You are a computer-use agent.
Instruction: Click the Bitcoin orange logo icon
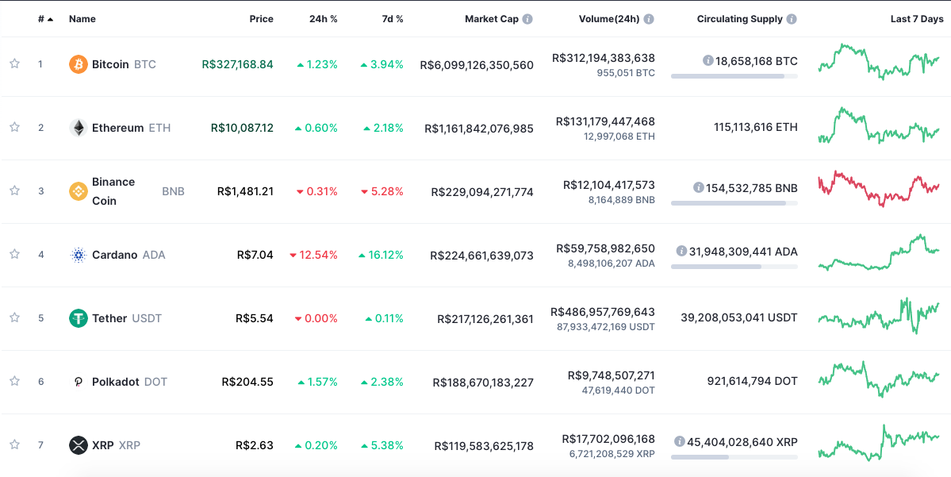pos(79,64)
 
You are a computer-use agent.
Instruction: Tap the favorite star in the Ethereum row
pos(14,127)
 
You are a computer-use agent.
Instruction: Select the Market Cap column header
pos(491,19)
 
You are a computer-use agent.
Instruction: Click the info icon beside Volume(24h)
pos(649,19)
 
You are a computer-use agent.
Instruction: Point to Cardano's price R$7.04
pos(255,255)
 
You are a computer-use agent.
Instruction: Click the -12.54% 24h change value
pos(314,255)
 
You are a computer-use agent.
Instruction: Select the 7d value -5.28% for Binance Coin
pos(382,191)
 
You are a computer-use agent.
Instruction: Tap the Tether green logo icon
pos(79,318)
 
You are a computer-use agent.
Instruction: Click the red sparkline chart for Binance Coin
pos(878,189)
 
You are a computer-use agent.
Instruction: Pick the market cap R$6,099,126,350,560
pos(477,65)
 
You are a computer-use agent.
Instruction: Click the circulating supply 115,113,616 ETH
pos(755,127)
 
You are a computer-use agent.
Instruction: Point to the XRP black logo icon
pos(79,445)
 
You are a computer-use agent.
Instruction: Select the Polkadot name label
pos(116,382)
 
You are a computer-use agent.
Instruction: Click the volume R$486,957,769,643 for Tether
pos(603,312)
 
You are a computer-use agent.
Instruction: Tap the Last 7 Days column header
pos(916,19)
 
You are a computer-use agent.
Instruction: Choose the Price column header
pos(261,19)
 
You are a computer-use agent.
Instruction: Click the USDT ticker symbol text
pos(147,318)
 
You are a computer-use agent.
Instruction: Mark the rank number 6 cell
pos(41,382)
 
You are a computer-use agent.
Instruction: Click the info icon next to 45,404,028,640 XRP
pos(680,441)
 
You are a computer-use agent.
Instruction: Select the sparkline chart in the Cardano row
pos(878,252)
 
